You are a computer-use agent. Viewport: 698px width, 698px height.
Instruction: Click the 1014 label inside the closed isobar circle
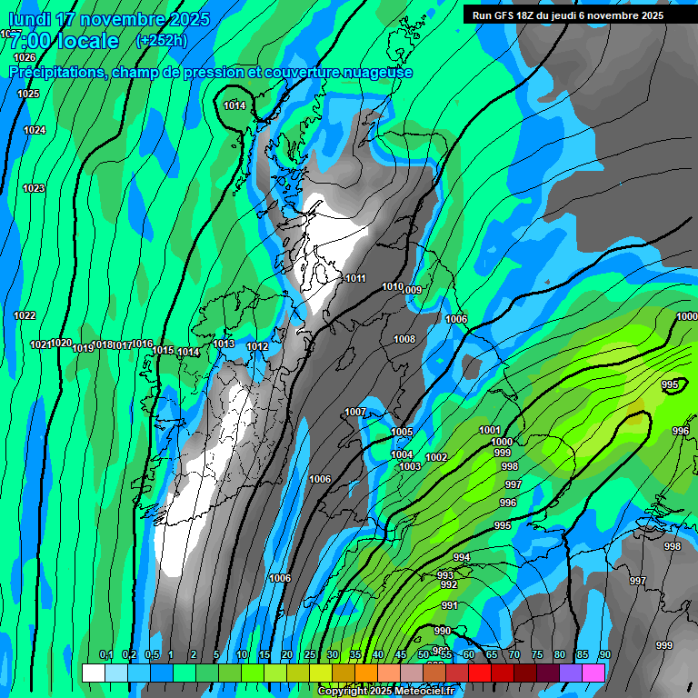click(x=234, y=105)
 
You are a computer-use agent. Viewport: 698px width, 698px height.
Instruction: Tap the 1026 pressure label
click(x=25, y=57)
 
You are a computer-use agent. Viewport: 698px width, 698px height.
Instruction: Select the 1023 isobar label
click(x=34, y=188)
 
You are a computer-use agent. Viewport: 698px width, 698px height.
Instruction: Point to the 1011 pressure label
click(x=355, y=278)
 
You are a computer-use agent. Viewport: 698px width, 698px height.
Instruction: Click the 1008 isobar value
click(x=404, y=339)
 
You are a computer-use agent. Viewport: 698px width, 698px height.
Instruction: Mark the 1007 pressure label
click(x=355, y=412)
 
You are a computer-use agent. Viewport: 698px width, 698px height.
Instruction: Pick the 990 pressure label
click(x=443, y=631)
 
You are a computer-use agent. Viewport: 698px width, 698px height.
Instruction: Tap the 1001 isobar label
click(x=490, y=430)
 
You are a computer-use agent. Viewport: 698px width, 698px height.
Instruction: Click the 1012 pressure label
click(x=257, y=346)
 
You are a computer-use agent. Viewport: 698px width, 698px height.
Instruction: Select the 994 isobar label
click(x=462, y=557)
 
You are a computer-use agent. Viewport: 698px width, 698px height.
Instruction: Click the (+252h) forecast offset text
click(x=161, y=40)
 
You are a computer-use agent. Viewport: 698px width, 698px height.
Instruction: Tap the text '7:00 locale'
click(x=64, y=42)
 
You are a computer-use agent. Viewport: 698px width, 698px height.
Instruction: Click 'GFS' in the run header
click(x=505, y=15)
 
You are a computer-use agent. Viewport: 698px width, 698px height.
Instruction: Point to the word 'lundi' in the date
click(x=30, y=19)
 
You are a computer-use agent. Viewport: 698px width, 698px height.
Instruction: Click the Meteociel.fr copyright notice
click(x=385, y=692)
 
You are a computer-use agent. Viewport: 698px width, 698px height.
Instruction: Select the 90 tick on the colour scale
click(x=604, y=654)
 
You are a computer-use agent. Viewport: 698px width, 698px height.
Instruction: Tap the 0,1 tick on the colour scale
click(x=105, y=654)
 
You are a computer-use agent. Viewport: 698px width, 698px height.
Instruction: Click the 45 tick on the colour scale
click(x=401, y=654)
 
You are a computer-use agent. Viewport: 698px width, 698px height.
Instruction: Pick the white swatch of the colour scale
click(x=94, y=673)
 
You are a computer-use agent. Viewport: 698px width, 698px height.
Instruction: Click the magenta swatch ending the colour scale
click(x=593, y=673)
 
